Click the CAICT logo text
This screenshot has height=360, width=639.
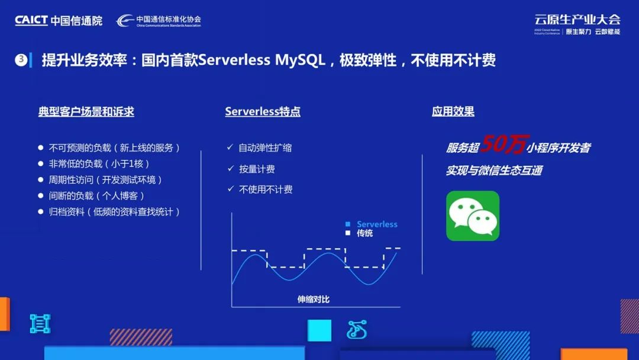[31, 20]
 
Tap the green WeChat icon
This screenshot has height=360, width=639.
[473, 216]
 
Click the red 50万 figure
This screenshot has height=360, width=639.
[504, 144]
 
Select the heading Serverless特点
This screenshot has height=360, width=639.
[263, 111]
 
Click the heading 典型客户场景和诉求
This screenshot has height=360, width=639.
[86, 111]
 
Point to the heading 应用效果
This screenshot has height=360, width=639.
[453, 111]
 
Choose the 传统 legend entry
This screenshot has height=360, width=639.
[359, 233]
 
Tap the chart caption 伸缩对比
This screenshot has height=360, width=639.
[313, 299]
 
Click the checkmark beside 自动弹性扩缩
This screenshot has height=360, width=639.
[230, 147]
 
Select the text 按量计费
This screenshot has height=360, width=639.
[257, 169]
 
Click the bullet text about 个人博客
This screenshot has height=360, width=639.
[96, 196]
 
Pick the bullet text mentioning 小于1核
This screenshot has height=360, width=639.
[99, 164]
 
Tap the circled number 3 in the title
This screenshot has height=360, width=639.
[21, 60]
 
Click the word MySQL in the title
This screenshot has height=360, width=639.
[300, 60]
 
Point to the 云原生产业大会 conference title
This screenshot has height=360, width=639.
[577, 19]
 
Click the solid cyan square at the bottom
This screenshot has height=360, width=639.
[319, 330]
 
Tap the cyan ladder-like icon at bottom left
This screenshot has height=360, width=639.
[40, 324]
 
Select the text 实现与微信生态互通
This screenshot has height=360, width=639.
[494, 170]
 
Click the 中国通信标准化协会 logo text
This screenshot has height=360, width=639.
[168, 19]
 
